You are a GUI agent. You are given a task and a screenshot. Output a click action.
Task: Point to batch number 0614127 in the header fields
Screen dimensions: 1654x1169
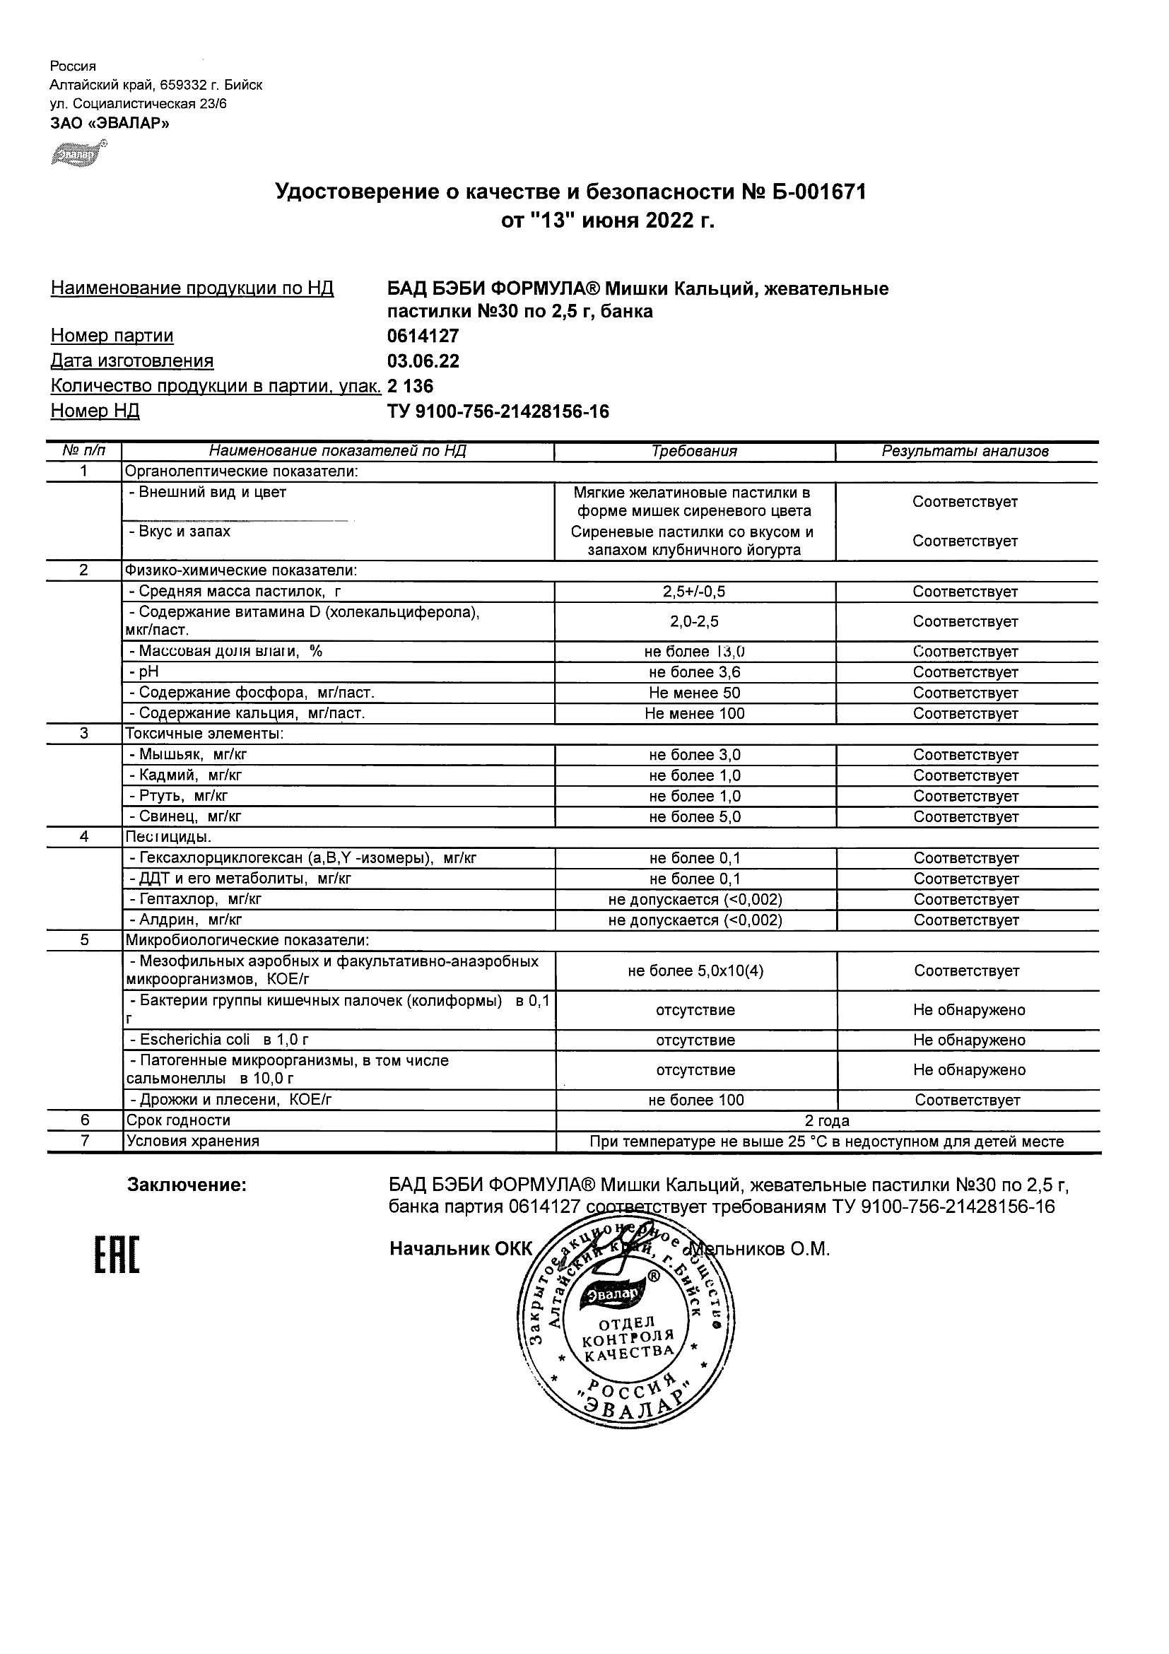(423, 336)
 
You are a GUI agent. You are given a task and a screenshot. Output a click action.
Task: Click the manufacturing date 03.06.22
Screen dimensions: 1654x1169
(423, 361)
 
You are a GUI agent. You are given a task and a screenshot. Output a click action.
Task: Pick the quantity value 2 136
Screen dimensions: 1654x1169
(411, 387)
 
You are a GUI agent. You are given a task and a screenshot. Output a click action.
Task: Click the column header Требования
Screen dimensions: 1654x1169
(694, 452)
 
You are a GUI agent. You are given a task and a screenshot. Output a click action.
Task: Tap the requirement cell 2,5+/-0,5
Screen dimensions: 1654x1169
(694, 592)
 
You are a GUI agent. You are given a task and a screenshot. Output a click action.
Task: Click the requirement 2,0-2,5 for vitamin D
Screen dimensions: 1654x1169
(694, 622)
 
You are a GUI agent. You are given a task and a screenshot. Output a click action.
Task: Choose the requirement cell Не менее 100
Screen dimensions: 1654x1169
(694, 714)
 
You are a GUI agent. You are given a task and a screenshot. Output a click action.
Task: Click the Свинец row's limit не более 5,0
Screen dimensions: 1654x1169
(694, 817)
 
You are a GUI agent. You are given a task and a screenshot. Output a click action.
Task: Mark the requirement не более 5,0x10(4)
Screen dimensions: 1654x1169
(695, 971)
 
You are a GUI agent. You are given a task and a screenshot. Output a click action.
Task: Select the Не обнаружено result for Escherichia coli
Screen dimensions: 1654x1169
(969, 1040)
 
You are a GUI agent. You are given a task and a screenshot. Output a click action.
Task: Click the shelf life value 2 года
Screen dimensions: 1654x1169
(827, 1121)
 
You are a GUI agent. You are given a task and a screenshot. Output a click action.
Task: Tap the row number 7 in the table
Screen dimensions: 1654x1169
(84, 1141)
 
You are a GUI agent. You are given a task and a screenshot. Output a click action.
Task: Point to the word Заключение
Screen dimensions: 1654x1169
(187, 1185)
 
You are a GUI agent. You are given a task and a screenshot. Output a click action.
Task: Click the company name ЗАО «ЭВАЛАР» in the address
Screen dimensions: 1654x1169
(110, 123)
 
